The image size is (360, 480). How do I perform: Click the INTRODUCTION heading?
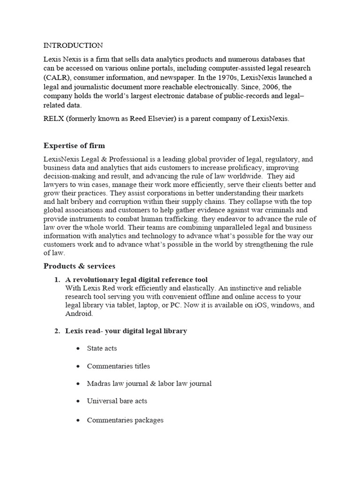(x=73, y=45)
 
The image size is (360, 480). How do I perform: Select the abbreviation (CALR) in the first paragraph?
(x=59, y=77)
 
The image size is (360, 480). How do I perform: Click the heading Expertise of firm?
(x=77, y=145)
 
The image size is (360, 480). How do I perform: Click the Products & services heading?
(x=79, y=266)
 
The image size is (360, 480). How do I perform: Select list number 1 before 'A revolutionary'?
(x=57, y=280)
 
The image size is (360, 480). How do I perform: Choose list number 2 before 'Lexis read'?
(x=57, y=331)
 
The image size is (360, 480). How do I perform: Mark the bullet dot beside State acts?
(x=77, y=349)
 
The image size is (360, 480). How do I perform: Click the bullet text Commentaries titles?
(x=118, y=366)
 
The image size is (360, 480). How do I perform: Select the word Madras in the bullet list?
(x=98, y=383)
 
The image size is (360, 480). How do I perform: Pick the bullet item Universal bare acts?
(x=117, y=401)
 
